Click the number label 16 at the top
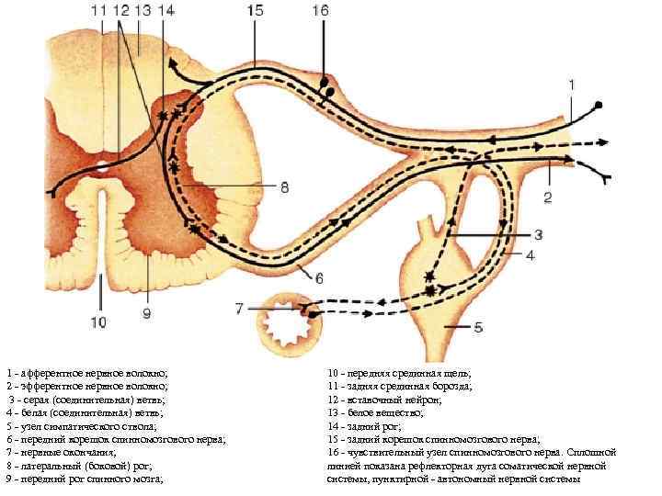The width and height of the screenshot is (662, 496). coord(320,11)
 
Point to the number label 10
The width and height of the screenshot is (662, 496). coord(98,321)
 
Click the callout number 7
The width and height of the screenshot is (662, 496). coord(240,309)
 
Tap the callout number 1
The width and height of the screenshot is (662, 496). coord(572,85)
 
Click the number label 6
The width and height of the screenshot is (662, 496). coord(319,276)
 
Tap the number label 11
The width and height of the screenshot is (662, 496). coord(100,11)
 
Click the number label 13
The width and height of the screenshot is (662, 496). coord(143,11)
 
